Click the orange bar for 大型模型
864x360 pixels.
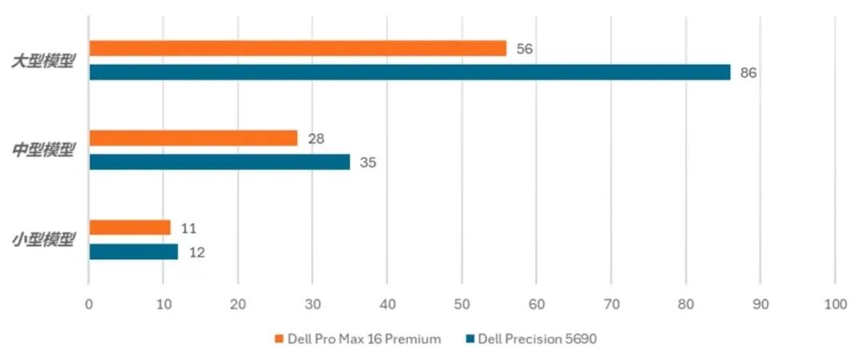pyautogui.click(x=297, y=49)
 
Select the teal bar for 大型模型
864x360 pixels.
pyautogui.click(x=410, y=73)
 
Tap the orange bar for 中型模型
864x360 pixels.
pyautogui.click(x=193, y=139)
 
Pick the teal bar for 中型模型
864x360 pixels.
pyautogui.click(x=220, y=162)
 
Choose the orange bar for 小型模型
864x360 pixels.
pyautogui.click(x=130, y=228)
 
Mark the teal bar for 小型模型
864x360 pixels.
pyautogui.click(x=133, y=252)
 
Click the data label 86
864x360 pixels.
pyautogui.click(x=749, y=73)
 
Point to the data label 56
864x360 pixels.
pyautogui.click(x=525, y=49)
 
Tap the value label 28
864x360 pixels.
pyautogui.click(x=316, y=139)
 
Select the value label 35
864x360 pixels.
pyautogui.click(x=368, y=163)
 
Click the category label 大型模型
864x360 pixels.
pyautogui.click(x=43, y=61)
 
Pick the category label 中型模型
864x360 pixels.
pyautogui.click(x=43, y=150)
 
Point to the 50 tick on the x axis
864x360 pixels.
pyautogui.click(x=462, y=305)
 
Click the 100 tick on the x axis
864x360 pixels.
pyautogui.click(x=834, y=305)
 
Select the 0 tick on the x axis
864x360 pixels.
pyautogui.click(x=89, y=305)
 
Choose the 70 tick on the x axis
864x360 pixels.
pyautogui.click(x=611, y=305)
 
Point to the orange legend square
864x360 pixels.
pyautogui.click(x=279, y=339)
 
